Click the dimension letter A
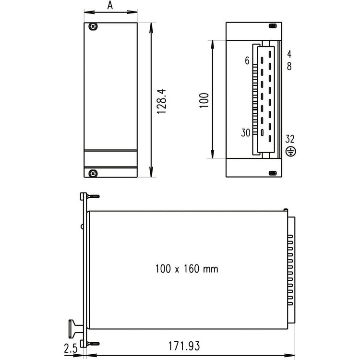110,5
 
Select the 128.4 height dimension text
161,101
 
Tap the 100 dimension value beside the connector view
204,100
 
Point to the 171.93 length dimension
184,346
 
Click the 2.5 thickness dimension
71,349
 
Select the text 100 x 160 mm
187,269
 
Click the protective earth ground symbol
291,152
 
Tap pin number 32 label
290,139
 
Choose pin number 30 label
246,132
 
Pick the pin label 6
247,60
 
